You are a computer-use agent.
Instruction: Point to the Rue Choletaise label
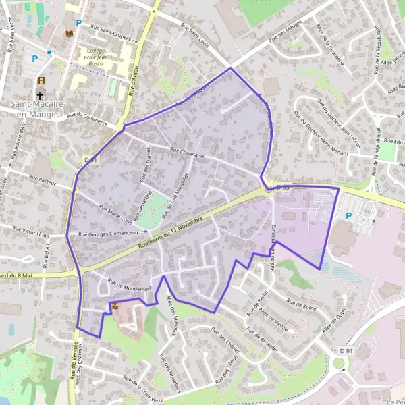[x=187, y=153]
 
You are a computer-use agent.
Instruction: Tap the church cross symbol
[x=40, y=94]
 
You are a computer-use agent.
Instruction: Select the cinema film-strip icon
[x=40, y=81]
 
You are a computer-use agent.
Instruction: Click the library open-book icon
[x=67, y=32]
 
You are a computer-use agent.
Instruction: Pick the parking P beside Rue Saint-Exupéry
[x=78, y=22]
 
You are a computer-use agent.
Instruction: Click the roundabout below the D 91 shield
[x=340, y=364]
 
